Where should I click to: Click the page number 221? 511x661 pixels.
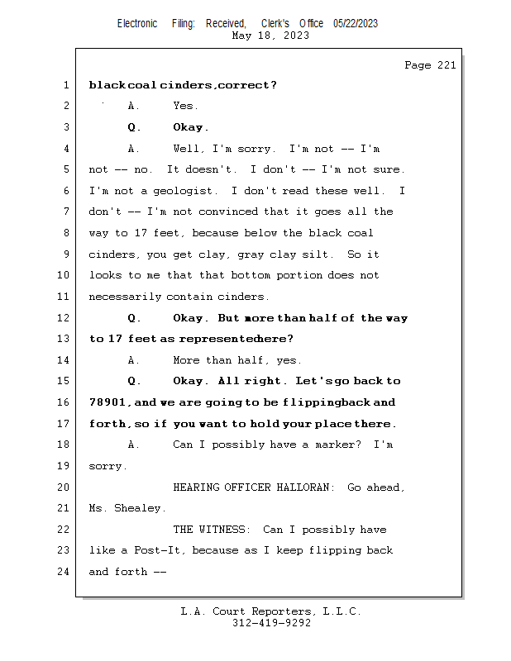[447, 65]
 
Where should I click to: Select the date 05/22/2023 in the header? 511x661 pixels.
[356, 23]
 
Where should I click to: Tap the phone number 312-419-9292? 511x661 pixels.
[271, 623]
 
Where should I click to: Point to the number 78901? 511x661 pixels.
[107, 402]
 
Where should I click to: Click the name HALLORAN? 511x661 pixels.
[303, 487]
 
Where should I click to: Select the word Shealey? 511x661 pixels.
[137, 508]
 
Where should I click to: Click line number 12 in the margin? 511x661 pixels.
[64, 317]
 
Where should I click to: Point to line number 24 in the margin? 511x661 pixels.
[64, 572]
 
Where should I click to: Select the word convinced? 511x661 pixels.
[228, 212]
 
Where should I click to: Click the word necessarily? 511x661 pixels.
[125, 297]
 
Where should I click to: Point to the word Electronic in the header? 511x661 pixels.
[137, 23]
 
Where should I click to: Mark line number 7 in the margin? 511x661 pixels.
[66, 212]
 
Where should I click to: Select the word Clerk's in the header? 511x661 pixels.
[275, 23]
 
